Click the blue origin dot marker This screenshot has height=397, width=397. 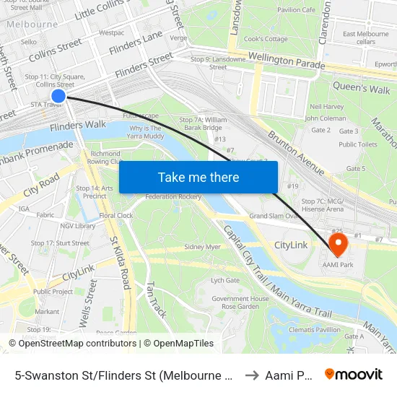point(58,95)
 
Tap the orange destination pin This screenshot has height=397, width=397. point(338,243)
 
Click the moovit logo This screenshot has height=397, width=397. point(354,374)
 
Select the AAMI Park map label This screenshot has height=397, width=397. point(339,266)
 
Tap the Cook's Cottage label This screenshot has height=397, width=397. point(266,39)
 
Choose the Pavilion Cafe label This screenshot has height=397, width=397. point(296,10)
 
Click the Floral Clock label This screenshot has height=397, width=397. point(115,215)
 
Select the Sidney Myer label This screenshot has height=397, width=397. point(202,247)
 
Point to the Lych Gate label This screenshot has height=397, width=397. point(224,281)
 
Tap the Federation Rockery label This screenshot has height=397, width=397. point(173,196)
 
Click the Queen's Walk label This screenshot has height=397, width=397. point(361,88)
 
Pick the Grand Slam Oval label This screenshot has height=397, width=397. point(274,215)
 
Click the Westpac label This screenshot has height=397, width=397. point(112,33)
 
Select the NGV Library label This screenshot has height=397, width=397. point(77,226)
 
